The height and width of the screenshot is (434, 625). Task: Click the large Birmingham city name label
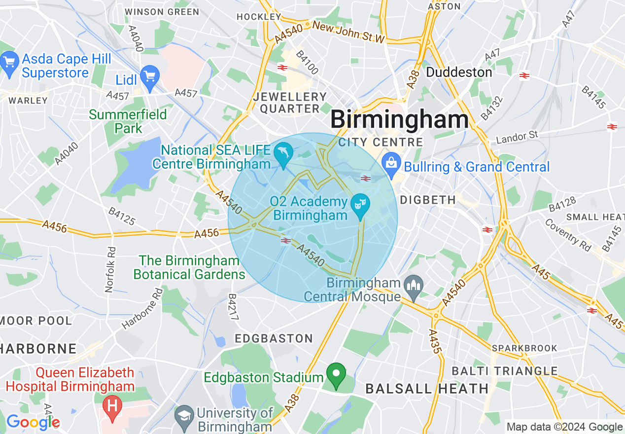click(399, 120)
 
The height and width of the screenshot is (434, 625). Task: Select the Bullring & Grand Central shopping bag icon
click(391, 166)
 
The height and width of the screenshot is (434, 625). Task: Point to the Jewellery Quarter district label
click(290, 103)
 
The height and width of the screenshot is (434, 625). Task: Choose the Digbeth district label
click(428, 200)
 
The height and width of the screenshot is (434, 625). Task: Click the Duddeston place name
click(459, 72)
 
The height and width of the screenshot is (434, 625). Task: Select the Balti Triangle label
click(505, 371)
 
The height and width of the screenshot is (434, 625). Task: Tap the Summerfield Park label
click(128, 121)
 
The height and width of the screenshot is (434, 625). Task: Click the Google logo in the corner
click(33, 422)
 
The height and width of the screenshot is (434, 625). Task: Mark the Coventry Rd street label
click(568, 235)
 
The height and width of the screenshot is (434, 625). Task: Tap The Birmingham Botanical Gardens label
click(189, 267)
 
